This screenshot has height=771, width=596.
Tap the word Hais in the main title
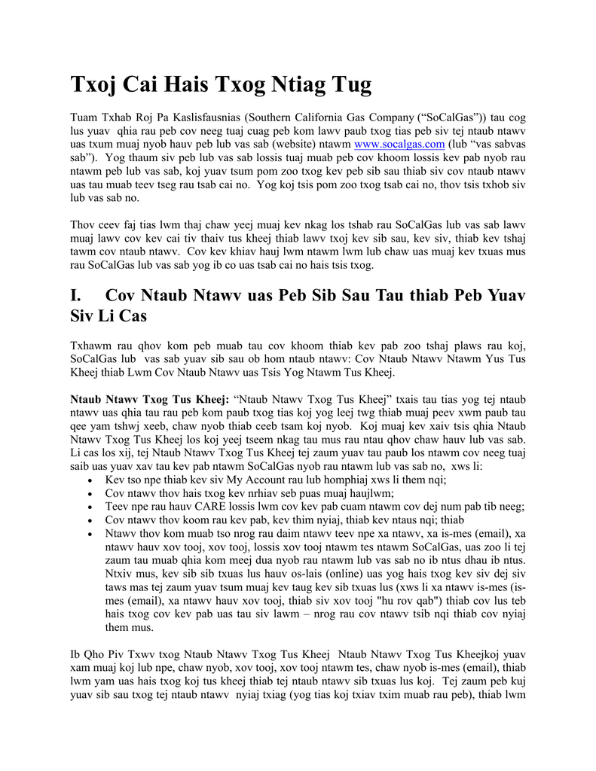pos(191,85)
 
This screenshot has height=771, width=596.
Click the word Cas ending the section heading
pos(133,316)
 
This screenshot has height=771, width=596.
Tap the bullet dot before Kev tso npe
pos(90,480)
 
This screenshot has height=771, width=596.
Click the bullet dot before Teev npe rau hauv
pos(90,507)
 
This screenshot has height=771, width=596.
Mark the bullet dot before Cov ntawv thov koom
pos(90,521)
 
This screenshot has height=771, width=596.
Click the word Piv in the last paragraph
pos(115,654)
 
